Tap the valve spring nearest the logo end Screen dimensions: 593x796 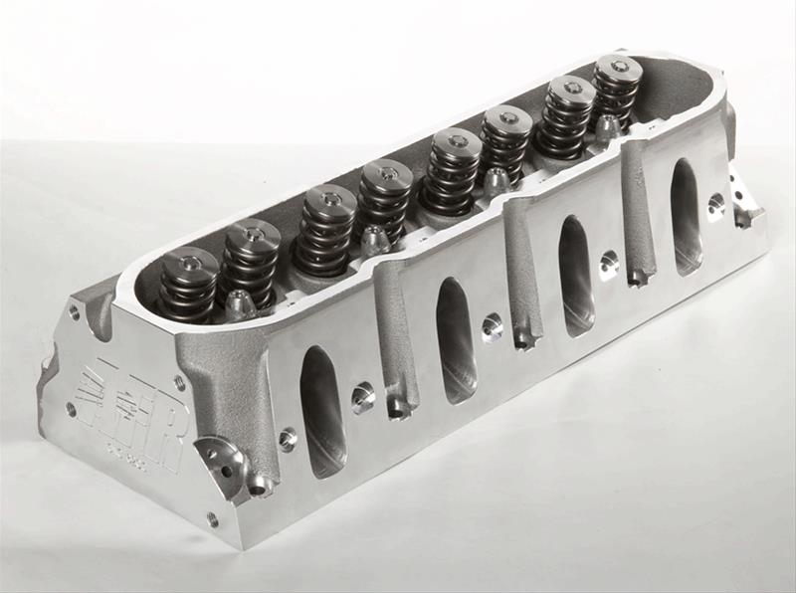pyautogui.click(x=189, y=285)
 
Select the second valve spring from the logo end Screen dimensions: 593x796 pyautogui.click(x=250, y=262)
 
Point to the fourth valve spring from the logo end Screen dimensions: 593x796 pyautogui.click(x=386, y=205)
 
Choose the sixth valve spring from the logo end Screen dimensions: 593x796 pyautogui.click(x=506, y=145)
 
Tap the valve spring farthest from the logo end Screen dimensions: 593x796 pyautogui.click(x=616, y=92)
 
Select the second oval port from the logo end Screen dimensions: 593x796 pyautogui.click(x=455, y=339)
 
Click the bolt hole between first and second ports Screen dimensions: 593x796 pyautogui.click(x=362, y=395)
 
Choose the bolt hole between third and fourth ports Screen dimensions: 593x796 pyautogui.click(x=608, y=264)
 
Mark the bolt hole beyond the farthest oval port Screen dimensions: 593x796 pyautogui.click(x=715, y=205)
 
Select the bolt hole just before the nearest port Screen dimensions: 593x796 pyautogui.click(x=288, y=437)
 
